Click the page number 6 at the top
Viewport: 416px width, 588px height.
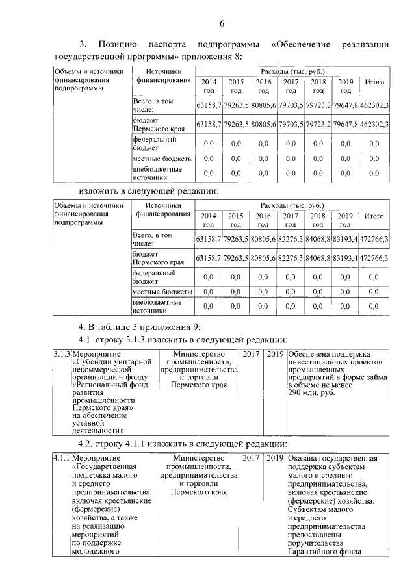(222, 24)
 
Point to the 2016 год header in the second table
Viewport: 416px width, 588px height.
(263, 220)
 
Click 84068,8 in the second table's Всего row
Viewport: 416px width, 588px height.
(318, 239)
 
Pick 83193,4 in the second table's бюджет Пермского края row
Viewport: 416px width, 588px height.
(345, 258)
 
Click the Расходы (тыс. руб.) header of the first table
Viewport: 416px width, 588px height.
(292, 70)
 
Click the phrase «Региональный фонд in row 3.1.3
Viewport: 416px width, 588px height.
(105, 384)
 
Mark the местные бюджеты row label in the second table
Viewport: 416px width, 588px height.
(162, 292)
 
